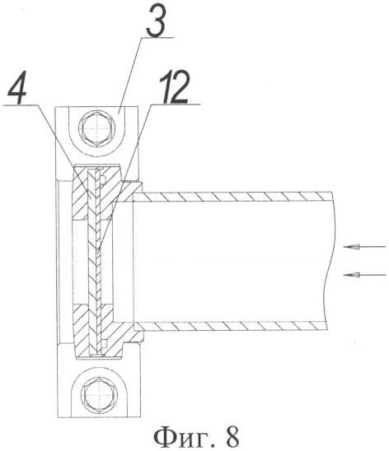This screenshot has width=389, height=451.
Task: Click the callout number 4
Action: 17,87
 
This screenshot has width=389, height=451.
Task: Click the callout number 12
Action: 175,86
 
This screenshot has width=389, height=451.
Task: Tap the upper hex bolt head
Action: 96,128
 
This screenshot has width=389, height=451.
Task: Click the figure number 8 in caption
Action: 230,437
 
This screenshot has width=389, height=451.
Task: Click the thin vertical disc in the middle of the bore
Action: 95,261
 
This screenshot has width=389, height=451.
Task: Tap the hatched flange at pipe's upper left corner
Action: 130,191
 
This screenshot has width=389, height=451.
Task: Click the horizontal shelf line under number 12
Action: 175,104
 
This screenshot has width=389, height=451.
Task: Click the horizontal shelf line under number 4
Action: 19,105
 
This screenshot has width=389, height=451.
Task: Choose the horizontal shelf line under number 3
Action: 157,37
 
